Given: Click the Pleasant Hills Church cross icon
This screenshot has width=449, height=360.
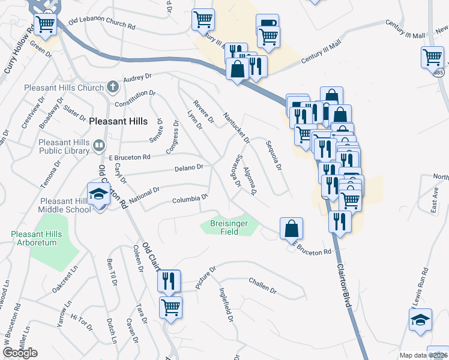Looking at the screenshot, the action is (112, 88).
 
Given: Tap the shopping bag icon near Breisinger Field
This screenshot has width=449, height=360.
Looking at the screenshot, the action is (291, 228).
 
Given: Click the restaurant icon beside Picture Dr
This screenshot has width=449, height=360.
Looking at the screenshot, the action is (169, 280).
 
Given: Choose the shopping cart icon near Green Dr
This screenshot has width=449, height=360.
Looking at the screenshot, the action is (45, 24).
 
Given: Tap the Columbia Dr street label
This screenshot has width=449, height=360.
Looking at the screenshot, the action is (190, 199).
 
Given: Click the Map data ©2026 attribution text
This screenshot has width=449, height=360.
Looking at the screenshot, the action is (423, 355).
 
